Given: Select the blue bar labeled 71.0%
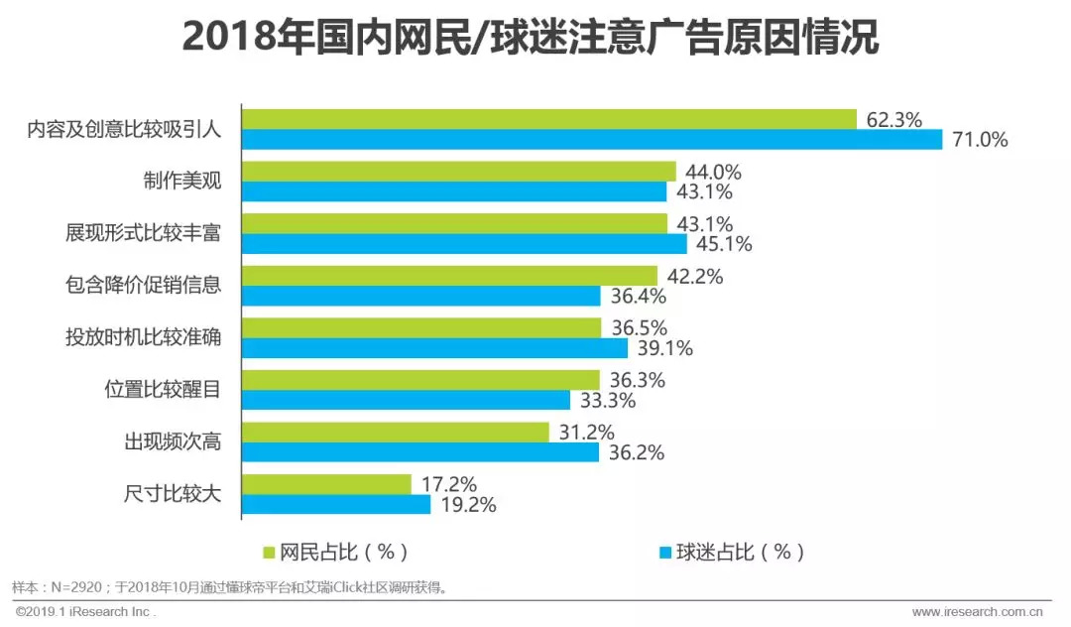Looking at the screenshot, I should [x=592, y=140].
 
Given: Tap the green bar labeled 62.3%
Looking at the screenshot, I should [x=549, y=119].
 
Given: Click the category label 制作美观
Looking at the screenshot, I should [x=180, y=181].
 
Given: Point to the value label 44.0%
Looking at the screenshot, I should [x=713, y=172].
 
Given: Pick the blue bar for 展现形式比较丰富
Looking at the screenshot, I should [x=464, y=243].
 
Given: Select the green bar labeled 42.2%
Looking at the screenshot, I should [x=450, y=275].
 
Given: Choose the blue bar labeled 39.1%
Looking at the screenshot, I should [x=434, y=348].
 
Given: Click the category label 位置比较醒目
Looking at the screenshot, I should [x=163, y=389].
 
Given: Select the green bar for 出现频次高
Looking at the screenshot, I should [x=395, y=433].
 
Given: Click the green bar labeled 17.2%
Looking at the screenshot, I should [x=326, y=484].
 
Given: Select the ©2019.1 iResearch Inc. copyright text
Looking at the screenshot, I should [x=85, y=612].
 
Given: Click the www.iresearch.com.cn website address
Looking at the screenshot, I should [x=982, y=612].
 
